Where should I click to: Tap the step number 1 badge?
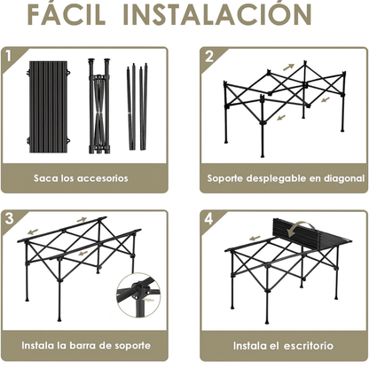click(10, 57)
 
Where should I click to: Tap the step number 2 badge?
click(209, 57)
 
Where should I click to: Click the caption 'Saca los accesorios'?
click(82, 178)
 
